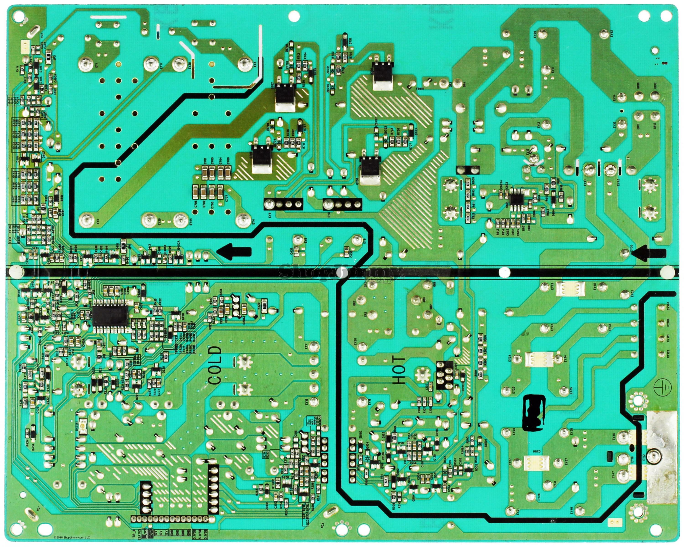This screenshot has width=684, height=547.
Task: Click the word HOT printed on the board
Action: click(x=399, y=370)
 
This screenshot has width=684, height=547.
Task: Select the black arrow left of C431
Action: click(x=235, y=252)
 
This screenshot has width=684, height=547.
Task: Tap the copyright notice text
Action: click(x=72, y=537)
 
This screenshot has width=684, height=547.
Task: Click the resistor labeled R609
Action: click(x=468, y=183)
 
